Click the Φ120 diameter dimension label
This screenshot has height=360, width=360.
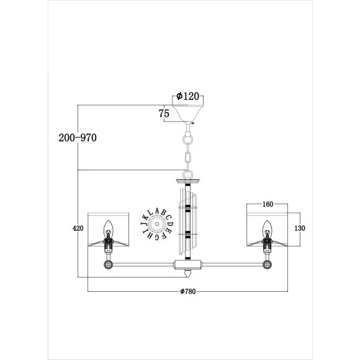click(187, 96)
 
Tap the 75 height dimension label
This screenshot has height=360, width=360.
click(164, 114)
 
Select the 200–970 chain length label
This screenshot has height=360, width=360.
click(78, 138)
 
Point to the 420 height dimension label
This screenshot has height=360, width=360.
click(78, 228)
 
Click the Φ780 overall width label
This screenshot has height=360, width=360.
click(188, 291)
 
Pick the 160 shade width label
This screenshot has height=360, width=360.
click(268, 204)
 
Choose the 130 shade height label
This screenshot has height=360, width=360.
click(300, 228)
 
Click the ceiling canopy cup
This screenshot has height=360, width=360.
click(188, 113)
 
